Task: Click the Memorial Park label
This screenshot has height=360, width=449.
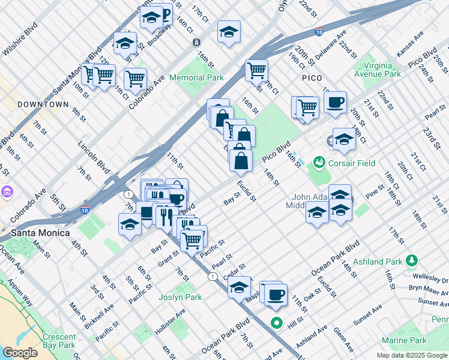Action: pos(196,77)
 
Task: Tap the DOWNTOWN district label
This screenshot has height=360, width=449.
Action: pos(43,104)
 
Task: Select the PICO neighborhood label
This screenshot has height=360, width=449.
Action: pos(312,78)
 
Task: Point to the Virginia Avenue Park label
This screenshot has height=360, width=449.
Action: pos(377,69)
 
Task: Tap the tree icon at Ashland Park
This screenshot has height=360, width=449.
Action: pos(411,260)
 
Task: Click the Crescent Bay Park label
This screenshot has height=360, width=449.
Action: pos(59,341)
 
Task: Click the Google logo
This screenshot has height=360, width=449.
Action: pos(20,353)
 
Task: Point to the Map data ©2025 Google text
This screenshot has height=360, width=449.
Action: pos(411,355)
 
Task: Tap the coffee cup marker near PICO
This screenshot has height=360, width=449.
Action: pos(335,101)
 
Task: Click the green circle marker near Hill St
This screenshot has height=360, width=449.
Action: pos(277,322)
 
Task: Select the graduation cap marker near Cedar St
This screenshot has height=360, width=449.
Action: pos(240,287)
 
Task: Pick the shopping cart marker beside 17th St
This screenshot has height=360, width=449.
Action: pos(256,70)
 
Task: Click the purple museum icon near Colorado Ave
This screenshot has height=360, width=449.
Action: pos(7,192)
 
